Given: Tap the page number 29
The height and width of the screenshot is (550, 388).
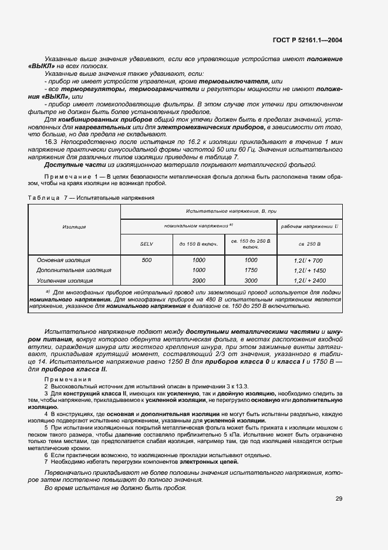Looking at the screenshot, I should pos(339,499).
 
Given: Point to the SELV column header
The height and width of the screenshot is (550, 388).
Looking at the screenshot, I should pos(146,244).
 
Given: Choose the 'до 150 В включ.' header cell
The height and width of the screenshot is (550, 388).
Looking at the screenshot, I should pos(198,244).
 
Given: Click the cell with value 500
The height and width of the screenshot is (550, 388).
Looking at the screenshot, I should pos(146,260).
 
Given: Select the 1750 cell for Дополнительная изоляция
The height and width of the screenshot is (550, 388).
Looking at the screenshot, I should pos(251,270).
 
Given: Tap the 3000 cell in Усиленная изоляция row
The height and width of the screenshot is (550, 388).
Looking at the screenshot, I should pos(251,281).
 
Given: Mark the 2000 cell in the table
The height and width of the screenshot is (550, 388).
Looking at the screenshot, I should pos(198,281).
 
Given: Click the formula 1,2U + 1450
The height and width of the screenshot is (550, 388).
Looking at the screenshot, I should pos(309,270).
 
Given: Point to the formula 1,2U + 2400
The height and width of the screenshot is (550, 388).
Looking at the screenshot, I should pos(309,281).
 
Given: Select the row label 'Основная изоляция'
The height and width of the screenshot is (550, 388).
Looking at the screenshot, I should pos(63,260).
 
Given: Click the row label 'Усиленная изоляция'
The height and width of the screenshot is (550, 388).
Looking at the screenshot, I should pos(65,281).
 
